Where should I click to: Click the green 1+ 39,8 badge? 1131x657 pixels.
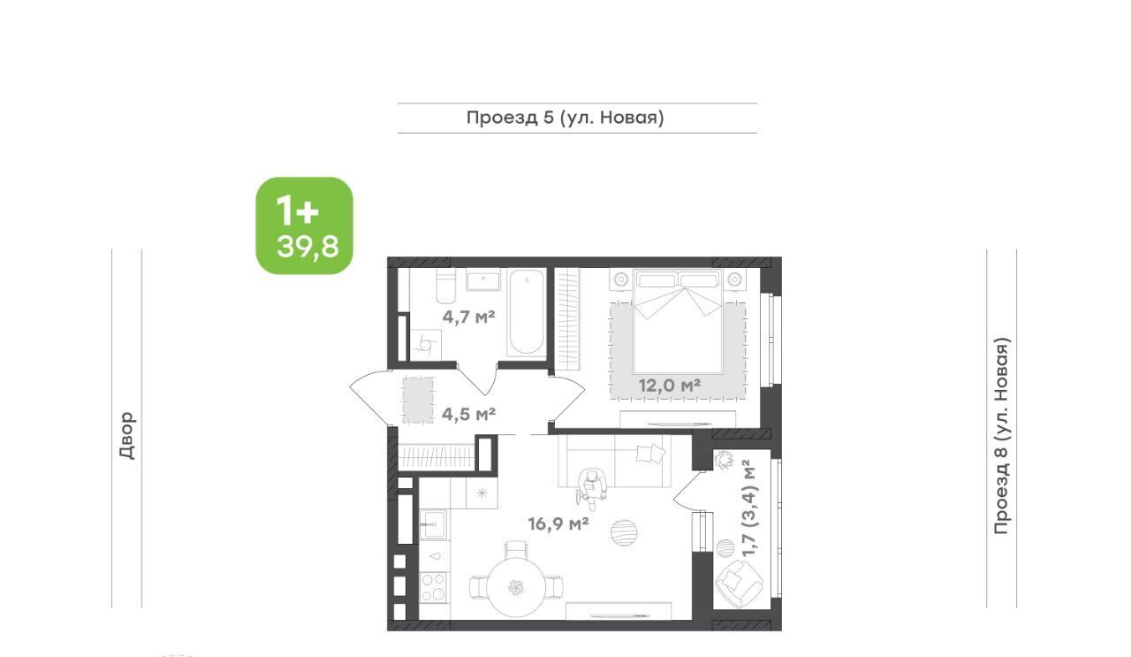[x=305, y=225]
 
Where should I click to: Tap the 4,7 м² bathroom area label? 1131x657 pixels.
[x=468, y=317]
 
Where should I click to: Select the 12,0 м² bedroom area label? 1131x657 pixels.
[x=670, y=386]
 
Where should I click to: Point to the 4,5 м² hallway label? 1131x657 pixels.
[x=468, y=415]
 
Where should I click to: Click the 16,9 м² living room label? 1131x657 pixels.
[x=558, y=523]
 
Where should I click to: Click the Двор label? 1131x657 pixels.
[x=127, y=435]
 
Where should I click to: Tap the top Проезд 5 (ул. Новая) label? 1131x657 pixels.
[x=565, y=118]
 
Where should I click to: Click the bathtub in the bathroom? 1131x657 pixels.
[x=526, y=313]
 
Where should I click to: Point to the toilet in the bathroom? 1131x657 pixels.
[x=446, y=286]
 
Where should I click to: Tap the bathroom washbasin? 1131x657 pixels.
[x=483, y=280]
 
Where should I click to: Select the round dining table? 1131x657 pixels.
[x=515, y=587]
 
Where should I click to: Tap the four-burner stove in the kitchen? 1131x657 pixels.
[x=433, y=587]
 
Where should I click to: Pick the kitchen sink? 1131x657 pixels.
[x=433, y=524]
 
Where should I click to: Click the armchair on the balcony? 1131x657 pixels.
[x=740, y=584]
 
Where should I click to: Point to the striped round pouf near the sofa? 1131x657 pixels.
[x=624, y=532]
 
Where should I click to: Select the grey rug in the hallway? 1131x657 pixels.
[x=418, y=400]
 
